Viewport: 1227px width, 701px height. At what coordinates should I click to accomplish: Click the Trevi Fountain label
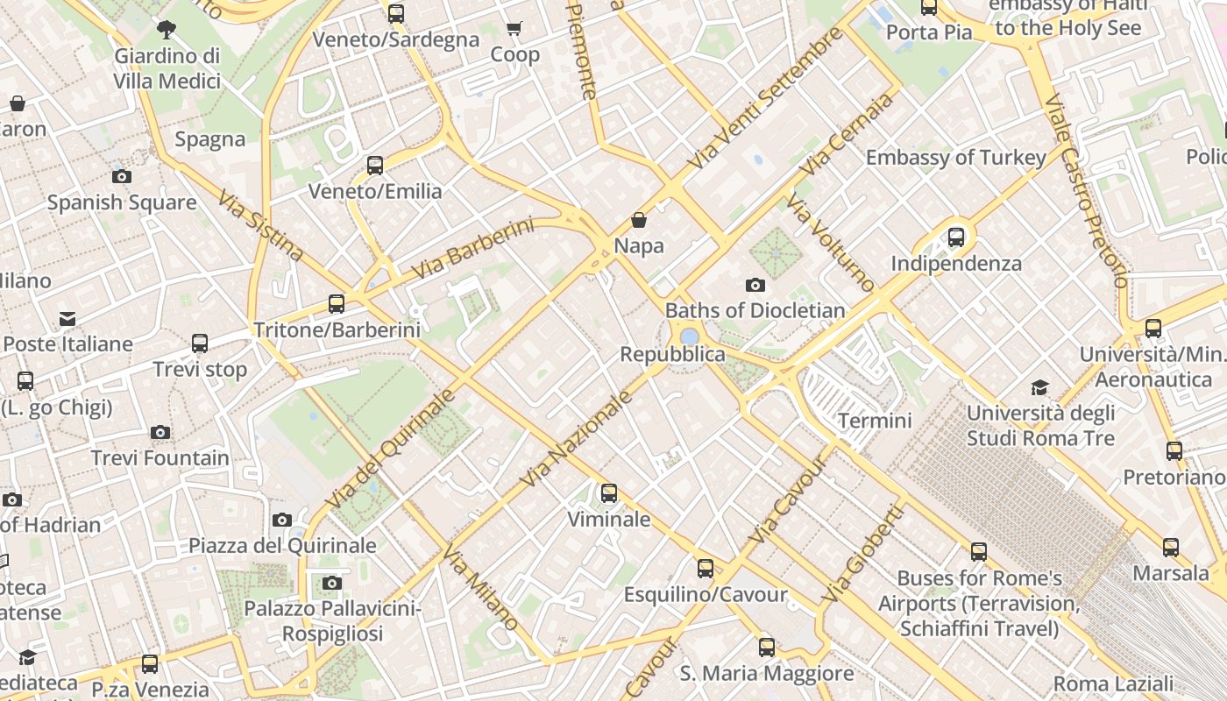click(160, 457)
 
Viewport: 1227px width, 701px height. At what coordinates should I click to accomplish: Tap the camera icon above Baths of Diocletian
click(755, 285)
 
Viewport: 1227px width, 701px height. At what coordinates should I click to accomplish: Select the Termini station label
click(875, 421)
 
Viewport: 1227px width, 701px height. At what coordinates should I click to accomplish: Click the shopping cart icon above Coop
click(514, 29)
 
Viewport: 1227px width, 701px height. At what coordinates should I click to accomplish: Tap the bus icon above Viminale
click(608, 493)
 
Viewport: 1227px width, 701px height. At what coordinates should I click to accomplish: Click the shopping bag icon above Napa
click(639, 220)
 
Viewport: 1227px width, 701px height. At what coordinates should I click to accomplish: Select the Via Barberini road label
click(473, 249)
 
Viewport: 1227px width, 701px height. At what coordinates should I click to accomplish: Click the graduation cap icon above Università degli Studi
click(1039, 387)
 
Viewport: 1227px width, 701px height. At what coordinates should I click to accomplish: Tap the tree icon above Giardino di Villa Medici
click(167, 31)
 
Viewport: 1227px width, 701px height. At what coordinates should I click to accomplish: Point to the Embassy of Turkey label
click(955, 158)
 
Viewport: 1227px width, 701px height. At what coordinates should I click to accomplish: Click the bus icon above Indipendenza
click(956, 237)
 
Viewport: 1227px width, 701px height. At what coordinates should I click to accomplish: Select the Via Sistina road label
click(260, 225)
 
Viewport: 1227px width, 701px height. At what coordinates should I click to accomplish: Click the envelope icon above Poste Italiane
click(67, 318)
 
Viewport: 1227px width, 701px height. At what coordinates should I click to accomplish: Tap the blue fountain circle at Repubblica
click(689, 336)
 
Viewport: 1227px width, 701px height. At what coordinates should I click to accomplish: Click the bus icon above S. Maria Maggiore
click(767, 648)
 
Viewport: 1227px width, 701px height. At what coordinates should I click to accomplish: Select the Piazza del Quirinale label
click(282, 545)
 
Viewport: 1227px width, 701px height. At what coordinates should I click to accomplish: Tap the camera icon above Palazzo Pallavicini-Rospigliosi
click(331, 583)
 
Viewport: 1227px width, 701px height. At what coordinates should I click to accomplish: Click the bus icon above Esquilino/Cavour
click(706, 569)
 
